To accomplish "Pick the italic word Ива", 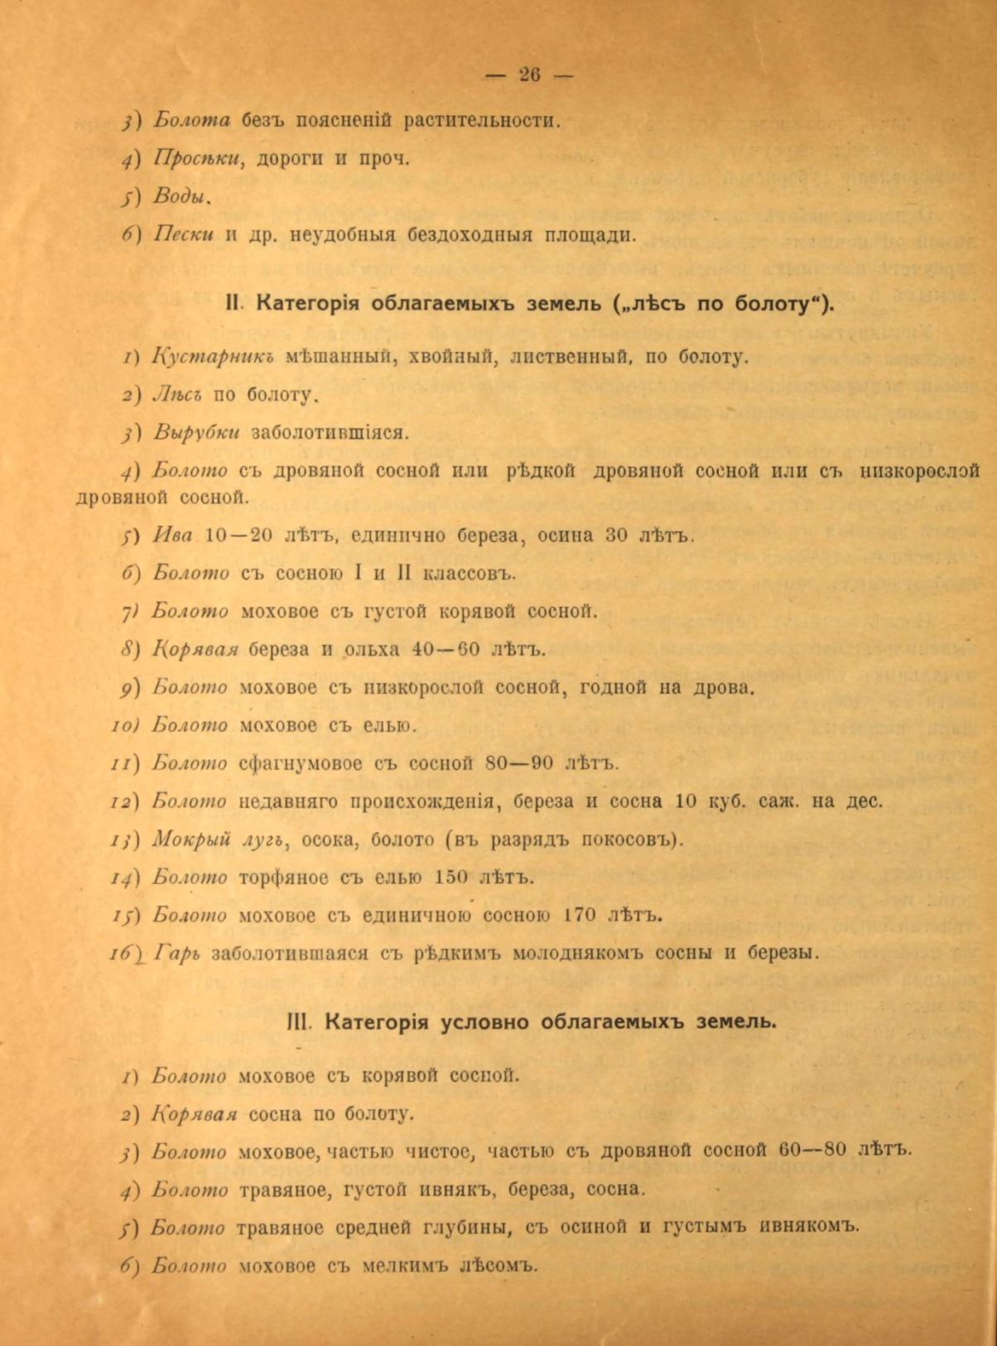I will [x=173, y=535].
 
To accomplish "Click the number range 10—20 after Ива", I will [x=238, y=535].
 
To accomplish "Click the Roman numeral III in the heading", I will [x=296, y=1021].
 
